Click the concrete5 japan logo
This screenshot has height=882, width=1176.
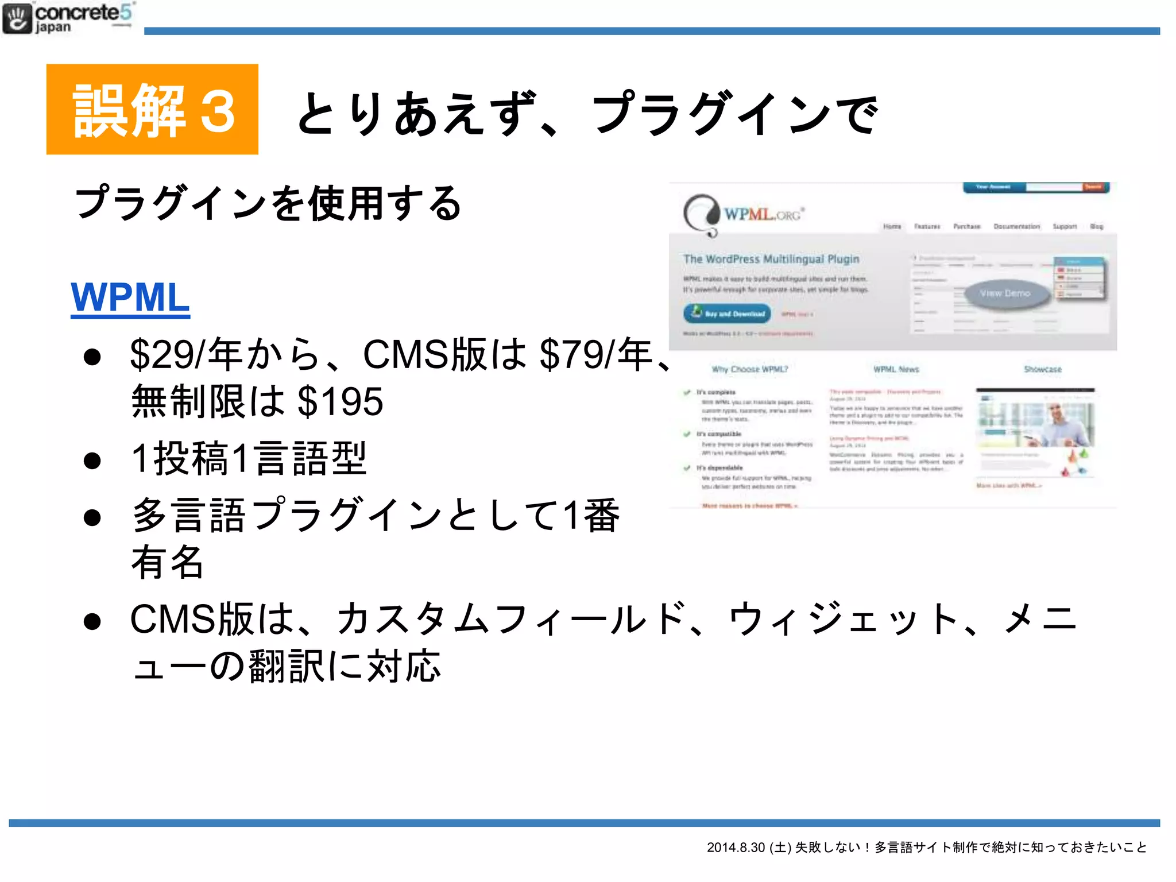coord(68,18)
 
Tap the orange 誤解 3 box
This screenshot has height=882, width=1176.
coord(152,109)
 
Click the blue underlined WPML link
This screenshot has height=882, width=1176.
coord(130,297)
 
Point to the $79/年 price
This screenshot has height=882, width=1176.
coord(596,354)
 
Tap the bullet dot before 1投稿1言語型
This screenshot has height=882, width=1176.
coord(92,461)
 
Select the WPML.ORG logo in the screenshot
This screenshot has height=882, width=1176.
coord(744,215)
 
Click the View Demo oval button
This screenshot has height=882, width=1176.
coord(1005,293)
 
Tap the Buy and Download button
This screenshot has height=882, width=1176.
coord(728,314)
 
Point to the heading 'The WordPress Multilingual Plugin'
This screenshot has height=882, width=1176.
coord(771,259)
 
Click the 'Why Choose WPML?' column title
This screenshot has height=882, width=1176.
coord(750,369)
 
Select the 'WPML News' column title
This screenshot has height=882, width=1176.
coord(896,369)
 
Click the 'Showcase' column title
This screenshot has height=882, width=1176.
coord(1042,369)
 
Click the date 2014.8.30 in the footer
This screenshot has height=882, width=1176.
coord(736,848)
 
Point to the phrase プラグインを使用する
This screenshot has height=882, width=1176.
coord(268,203)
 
